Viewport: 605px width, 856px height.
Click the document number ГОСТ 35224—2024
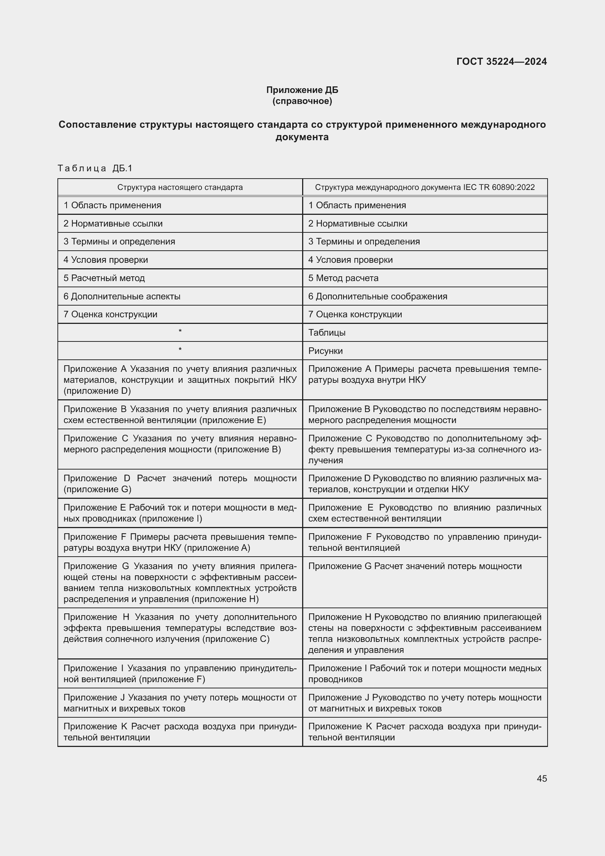click(x=501, y=61)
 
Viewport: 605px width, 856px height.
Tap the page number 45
click(x=542, y=778)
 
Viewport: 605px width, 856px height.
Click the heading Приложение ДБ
click(x=302, y=90)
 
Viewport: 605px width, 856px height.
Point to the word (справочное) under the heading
click(x=302, y=101)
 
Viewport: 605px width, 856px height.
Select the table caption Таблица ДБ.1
click(x=95, y=168)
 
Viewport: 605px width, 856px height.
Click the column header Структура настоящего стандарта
click(x=180, y=187)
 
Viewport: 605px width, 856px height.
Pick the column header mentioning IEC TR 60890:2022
click(x=425, y=187)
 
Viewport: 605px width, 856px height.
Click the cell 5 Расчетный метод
click(x=104, y=278)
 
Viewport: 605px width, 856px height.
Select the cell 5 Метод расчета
click(x=343, y=278)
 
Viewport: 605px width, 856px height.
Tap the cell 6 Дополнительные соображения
click(x=377, y=296)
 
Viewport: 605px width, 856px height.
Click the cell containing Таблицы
click(x=327, y=333)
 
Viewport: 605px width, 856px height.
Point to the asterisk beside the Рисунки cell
click(x=180, y=350)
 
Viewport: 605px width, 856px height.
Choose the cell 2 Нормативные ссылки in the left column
click(x=113, y=224)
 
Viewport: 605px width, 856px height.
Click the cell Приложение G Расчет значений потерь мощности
click(x=415, y=566)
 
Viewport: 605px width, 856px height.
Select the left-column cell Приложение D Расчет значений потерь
click(x=180, y=483)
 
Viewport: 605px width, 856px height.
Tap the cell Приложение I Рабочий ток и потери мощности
click(x=425, y=673)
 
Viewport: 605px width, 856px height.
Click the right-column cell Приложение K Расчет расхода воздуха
click(x=425, y=732)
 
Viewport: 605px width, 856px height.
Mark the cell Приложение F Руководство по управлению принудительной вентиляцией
click(x=425, y=542)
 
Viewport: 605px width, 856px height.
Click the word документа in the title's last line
click(x=302, y=137)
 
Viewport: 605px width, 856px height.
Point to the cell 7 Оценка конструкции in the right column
click(x=355, y=314)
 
